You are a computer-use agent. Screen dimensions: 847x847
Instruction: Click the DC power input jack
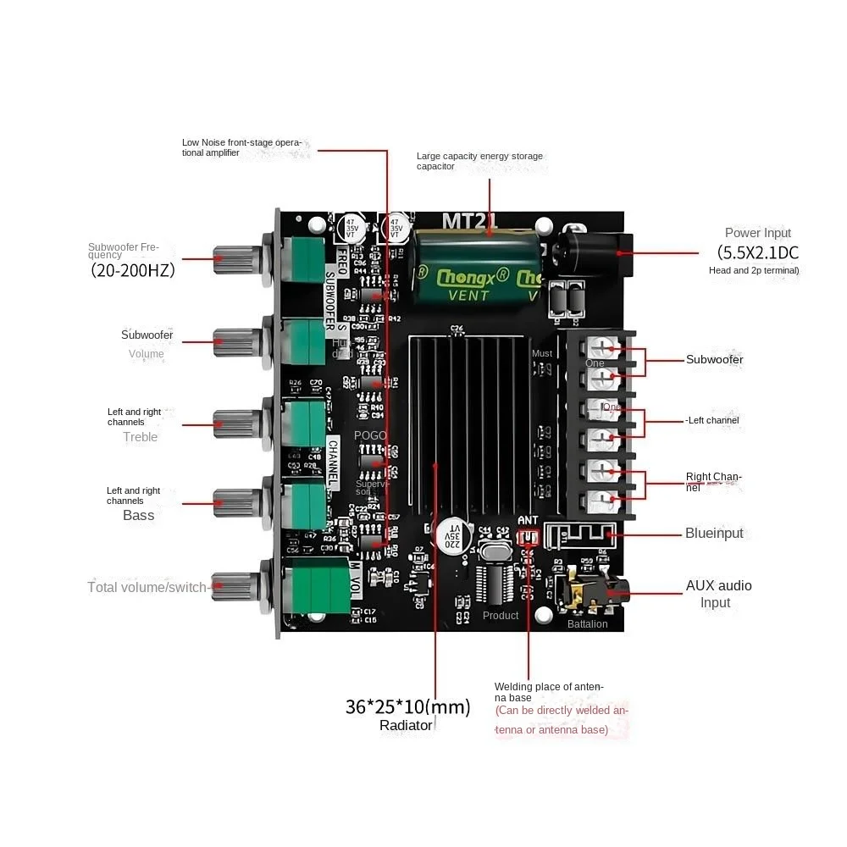[593, 252]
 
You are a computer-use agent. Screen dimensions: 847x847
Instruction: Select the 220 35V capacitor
[453, 534]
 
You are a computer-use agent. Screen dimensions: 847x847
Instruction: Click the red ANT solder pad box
[529, 537]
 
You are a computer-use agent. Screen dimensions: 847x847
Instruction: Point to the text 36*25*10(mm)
[407, 706]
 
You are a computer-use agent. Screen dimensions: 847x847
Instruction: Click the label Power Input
[757, 233]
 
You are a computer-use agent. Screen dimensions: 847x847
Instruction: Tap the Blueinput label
[713, 534]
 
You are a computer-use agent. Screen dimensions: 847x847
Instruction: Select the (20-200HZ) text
[132, 271]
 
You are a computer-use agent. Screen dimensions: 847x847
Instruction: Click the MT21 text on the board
[471, 220]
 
